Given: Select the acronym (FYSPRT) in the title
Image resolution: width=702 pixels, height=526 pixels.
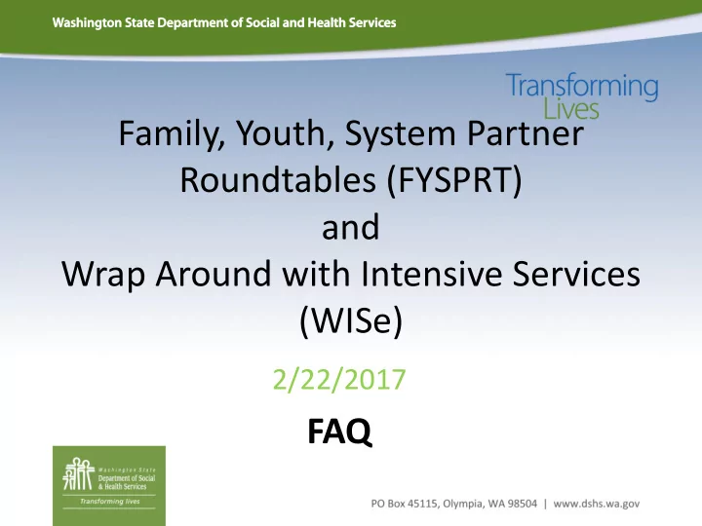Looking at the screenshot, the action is coord(454,180).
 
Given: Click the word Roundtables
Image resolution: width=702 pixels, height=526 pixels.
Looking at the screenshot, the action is coord(278,180).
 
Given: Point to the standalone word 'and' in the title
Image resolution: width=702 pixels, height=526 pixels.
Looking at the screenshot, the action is coord(351,227).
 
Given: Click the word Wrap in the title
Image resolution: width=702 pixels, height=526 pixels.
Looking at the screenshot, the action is coord(103,274).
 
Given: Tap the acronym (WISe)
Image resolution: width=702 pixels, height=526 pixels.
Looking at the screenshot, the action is coord(351,320).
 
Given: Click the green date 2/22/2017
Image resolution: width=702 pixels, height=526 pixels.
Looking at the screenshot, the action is coord(339,379).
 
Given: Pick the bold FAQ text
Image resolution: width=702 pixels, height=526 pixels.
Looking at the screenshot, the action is coord(339,431).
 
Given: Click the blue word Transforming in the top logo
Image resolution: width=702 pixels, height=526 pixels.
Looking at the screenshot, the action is coord(582,87).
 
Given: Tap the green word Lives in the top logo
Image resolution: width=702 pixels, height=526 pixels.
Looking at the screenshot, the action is coord(571,109).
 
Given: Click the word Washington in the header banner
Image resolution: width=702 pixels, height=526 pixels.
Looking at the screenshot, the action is coord(88,22).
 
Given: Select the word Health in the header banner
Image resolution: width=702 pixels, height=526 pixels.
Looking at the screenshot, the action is coord(328,22).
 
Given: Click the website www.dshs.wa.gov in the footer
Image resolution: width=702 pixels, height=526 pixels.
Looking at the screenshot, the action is coord(597,505).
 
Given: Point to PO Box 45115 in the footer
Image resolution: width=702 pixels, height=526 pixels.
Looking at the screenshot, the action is coord(405,504).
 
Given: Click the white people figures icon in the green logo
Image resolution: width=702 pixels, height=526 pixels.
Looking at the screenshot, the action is coord(78,473).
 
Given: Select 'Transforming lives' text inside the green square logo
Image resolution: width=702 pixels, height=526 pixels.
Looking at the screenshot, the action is coord(109,502).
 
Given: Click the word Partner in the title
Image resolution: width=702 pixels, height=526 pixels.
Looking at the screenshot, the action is coord(526,133).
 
